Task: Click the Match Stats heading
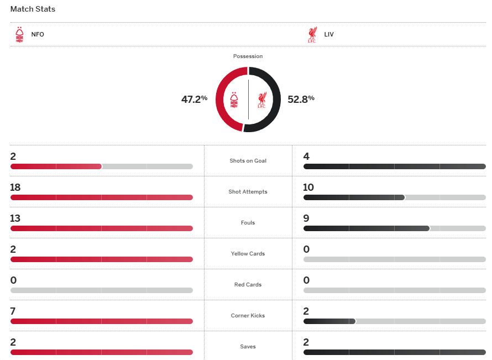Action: point(33,9)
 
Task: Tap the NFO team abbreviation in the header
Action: point(38,34)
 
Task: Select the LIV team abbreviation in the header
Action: point(329,34)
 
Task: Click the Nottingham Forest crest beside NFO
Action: point(20,34)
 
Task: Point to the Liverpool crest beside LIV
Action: point(312,34)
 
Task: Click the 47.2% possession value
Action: point(194,100)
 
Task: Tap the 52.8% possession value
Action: point(301,100)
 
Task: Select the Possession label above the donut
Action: point(248,56)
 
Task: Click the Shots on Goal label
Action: point(248,161)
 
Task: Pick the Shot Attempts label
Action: point(248,192)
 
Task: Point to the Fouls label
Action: point(248,223)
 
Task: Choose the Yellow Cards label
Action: point(248,254)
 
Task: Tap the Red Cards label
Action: point(248,285)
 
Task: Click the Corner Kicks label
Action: point(248,316)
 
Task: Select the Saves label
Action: point(248,347)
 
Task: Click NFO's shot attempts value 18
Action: point(15,187)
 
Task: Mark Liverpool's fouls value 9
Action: point(306,218)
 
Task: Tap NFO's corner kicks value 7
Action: point(13,311)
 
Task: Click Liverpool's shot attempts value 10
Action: point(308,187)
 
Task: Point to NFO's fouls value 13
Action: point(15,218)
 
